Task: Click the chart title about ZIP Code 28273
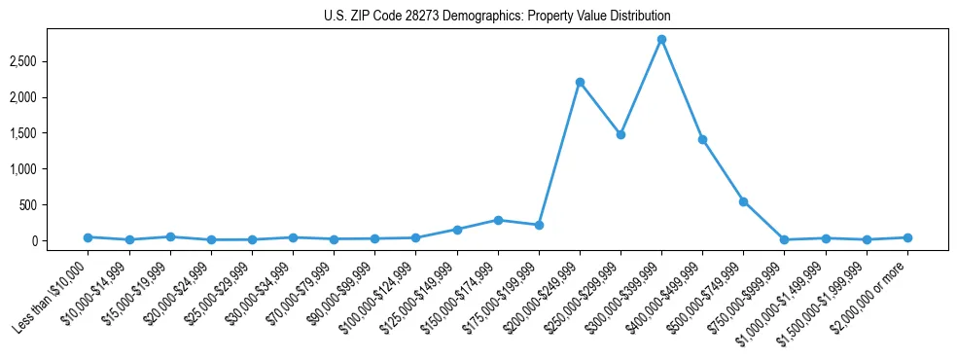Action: pos(497,17)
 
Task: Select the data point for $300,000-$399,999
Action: pos(661,39)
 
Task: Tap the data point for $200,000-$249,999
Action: pos(580,82)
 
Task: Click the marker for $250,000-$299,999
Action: pos(620,134)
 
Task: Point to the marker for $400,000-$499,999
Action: pos(702,139)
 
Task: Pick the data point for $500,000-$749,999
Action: pos(743,201)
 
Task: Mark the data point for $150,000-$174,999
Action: pos(498,220)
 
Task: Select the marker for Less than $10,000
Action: pos(88,237)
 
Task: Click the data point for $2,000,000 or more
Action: pos(907,237)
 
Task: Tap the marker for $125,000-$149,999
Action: pos(457,230)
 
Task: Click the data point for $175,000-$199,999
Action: pos(539,225)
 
